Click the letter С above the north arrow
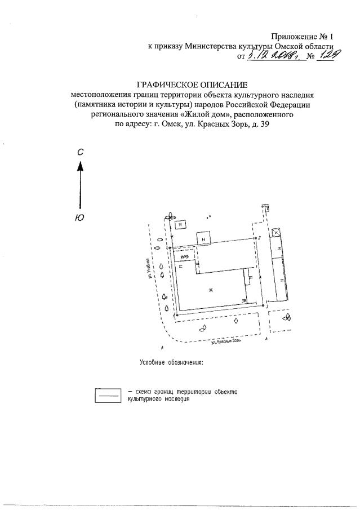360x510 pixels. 81,152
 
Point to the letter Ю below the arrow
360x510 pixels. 80,218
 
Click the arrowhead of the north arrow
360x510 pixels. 81,165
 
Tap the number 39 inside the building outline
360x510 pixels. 243,301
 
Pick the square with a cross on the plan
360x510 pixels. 276,232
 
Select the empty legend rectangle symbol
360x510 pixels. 108,394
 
